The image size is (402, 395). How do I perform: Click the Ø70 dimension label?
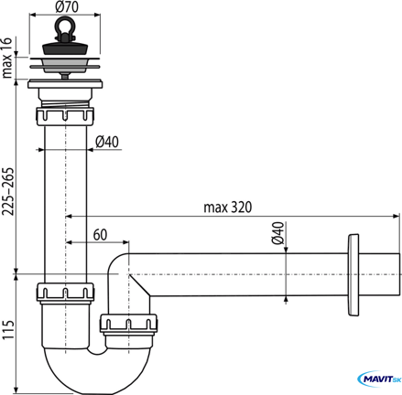point(67,6)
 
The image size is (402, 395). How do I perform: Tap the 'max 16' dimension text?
point(6,58)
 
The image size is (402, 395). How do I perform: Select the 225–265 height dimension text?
point(7,191)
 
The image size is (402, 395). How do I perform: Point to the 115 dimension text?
point(8,330)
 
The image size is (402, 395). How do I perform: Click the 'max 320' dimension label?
point(228,208)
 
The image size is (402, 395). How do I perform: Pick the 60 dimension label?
point(100,235)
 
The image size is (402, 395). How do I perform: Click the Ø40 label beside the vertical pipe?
point(107,142)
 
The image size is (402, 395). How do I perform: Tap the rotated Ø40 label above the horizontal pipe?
point(277,233)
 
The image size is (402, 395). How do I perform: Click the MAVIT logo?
point(379,379)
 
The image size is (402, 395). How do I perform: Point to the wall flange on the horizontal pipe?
point(353,274)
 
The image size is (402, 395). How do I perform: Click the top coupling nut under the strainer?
point(65,116)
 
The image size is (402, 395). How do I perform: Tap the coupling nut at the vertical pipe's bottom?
point(65,294)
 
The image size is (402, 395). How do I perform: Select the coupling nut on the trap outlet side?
point(128,324)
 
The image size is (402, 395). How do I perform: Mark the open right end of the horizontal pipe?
point(399,274)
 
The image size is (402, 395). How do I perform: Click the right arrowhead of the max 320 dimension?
point(397,217)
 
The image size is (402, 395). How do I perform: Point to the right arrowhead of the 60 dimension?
point(125,242)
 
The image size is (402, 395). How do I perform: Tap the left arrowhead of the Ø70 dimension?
point(33,15)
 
